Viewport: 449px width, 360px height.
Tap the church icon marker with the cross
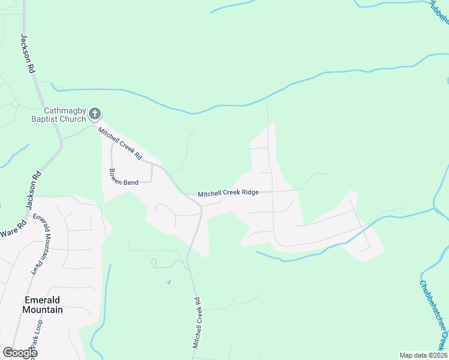[95, 113]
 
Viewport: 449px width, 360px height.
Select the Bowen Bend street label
[124, 175]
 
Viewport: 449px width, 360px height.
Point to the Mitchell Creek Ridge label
[228, 193]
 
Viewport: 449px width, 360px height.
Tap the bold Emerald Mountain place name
[42, 305]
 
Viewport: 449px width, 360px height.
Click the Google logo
[19, 353]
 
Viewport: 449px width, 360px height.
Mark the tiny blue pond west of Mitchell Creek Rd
[169, 282]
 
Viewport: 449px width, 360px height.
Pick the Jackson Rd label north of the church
[27, 53]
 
